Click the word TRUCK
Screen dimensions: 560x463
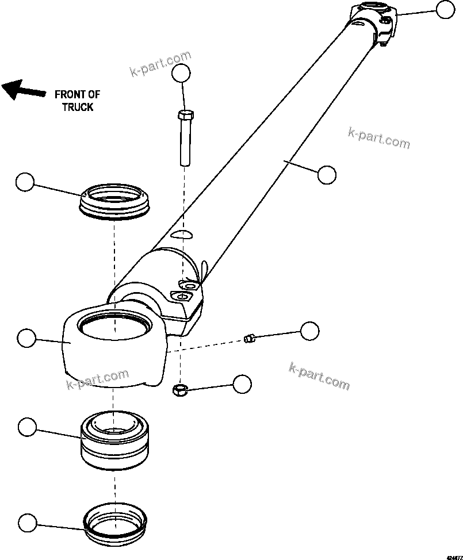(x=78, y=107)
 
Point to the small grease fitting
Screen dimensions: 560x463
(x=249, y=339)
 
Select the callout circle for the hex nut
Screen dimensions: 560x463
(x=242, y=384)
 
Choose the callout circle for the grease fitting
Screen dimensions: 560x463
(x=309, y=331)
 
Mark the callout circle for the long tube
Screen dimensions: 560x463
(x=326, y=175)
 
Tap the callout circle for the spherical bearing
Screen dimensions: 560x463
(x=27, y=428)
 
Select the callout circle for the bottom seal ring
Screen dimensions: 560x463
(x=27, y=523)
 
